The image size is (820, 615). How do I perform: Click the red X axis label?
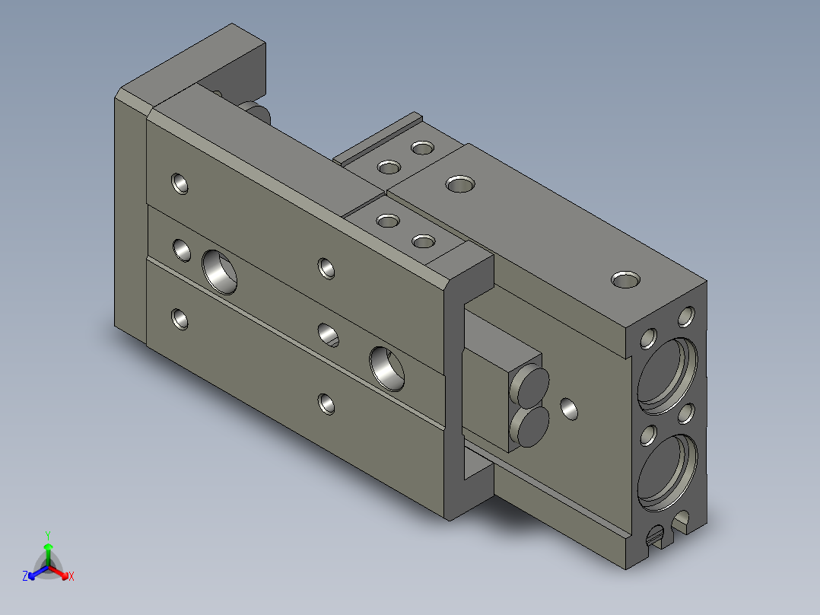(72, 576)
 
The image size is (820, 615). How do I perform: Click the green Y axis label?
(48, 536)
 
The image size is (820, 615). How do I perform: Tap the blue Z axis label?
(25, 575)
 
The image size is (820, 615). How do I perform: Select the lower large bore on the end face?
(667, 473)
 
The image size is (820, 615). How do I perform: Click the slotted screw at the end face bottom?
(656, 535)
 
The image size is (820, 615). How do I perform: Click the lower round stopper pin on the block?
(532, 426)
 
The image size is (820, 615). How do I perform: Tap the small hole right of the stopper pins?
(569, 409)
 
